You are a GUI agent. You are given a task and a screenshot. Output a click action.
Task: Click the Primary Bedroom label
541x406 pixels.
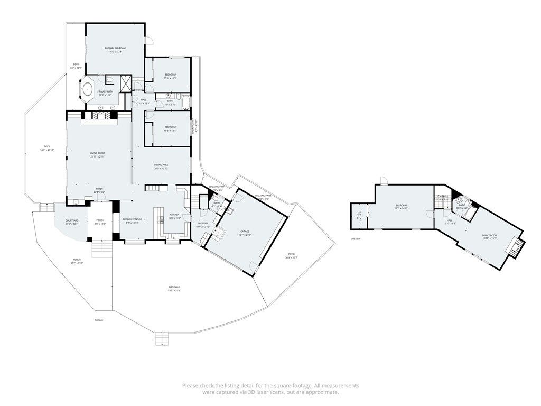[x=115, y=48]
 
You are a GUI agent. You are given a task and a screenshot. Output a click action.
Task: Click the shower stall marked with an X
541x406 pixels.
[x=126, y=83]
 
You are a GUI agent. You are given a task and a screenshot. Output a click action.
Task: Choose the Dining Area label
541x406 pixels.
[x=161, y=165]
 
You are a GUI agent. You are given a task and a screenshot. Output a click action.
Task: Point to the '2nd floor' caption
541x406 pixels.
[x=356, y=239]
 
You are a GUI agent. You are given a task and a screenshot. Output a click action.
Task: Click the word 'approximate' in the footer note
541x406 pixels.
[x=320, y=392]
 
